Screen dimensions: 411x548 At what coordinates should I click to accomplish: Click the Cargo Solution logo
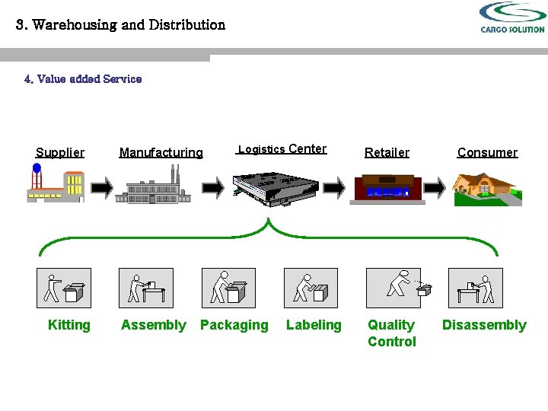512,18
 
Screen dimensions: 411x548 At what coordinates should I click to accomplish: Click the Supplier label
60,152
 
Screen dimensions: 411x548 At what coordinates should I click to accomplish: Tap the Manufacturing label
161,152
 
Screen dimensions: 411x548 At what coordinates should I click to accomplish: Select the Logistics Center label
282,149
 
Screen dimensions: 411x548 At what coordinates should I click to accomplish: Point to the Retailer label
387,152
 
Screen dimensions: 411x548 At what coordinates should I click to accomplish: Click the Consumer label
487,152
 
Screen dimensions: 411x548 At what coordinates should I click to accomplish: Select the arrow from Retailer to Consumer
435,187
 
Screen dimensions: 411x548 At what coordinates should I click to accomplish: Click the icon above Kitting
64,288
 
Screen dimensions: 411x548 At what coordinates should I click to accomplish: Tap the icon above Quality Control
393,288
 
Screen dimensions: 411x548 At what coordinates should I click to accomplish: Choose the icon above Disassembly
475,288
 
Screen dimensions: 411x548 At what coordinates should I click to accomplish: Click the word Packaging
234,325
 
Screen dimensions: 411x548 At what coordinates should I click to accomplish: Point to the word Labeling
314,325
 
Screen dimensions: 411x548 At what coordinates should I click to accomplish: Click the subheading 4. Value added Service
83,78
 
